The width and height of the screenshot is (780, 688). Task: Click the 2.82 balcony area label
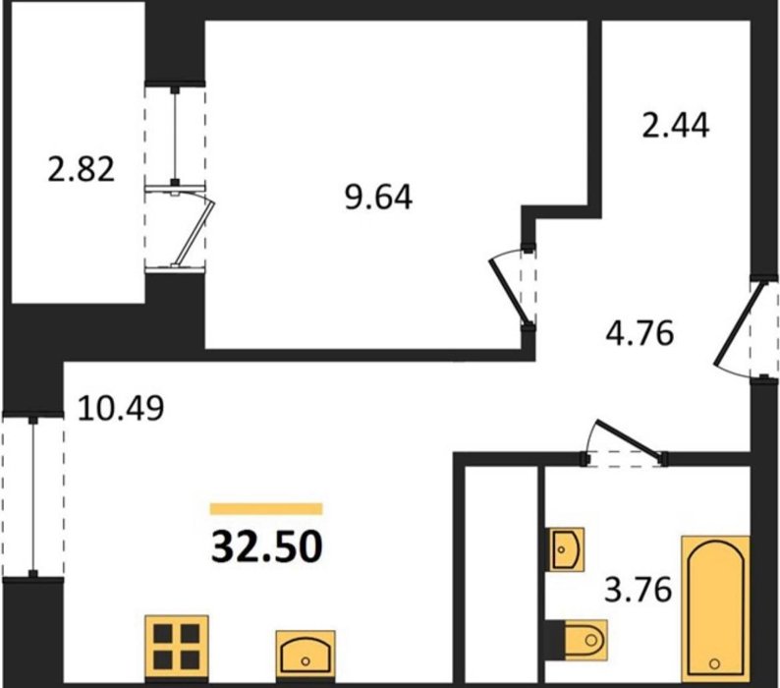coord(82,169)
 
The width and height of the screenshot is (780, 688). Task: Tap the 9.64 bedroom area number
coord(378,198)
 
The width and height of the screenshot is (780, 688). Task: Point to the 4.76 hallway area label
coord(640,332)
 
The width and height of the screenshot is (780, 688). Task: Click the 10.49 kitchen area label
coord(121,408)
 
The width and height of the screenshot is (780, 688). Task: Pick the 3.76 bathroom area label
coord(639,590)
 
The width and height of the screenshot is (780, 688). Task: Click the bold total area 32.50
coord(267,546)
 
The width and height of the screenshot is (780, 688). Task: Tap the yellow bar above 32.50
coord(266,508)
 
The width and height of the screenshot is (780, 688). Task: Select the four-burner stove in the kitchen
coord(177,648)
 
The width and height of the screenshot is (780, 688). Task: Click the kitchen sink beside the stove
coord(306,656)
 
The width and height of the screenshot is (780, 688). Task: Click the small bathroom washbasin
coord(565,549)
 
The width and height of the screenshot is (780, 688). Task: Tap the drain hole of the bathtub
coord(715,663)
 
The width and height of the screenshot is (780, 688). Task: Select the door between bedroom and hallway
coord(511,289)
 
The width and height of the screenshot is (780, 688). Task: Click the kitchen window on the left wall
coord(33,496)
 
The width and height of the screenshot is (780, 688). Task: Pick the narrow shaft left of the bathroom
coord(501,575)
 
